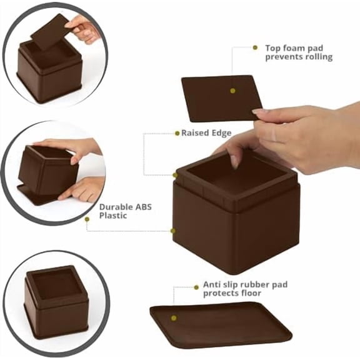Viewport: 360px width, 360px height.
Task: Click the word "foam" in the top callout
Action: (x=289, y=47)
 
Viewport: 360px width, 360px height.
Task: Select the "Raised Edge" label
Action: (x=206, y=133)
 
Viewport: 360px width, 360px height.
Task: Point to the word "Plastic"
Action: (x=114, y=216)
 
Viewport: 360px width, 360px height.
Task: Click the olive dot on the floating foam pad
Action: (x=232, y=91)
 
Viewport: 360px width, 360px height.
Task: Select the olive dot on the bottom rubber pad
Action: (x=174, y=317)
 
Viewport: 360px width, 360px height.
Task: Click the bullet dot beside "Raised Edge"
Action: (x=176, y=132)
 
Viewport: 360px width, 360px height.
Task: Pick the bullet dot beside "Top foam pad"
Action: (x=255, y=47)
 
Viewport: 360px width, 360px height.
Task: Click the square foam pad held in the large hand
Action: (x=219, y=97)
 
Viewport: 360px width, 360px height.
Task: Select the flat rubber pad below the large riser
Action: (x=212, y=324)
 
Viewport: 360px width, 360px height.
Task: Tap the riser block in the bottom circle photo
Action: (x=56, y=301)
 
